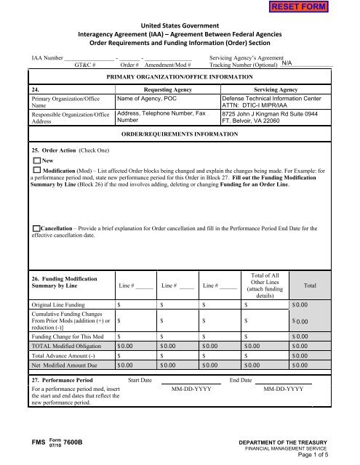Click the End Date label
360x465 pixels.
point(241,379)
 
